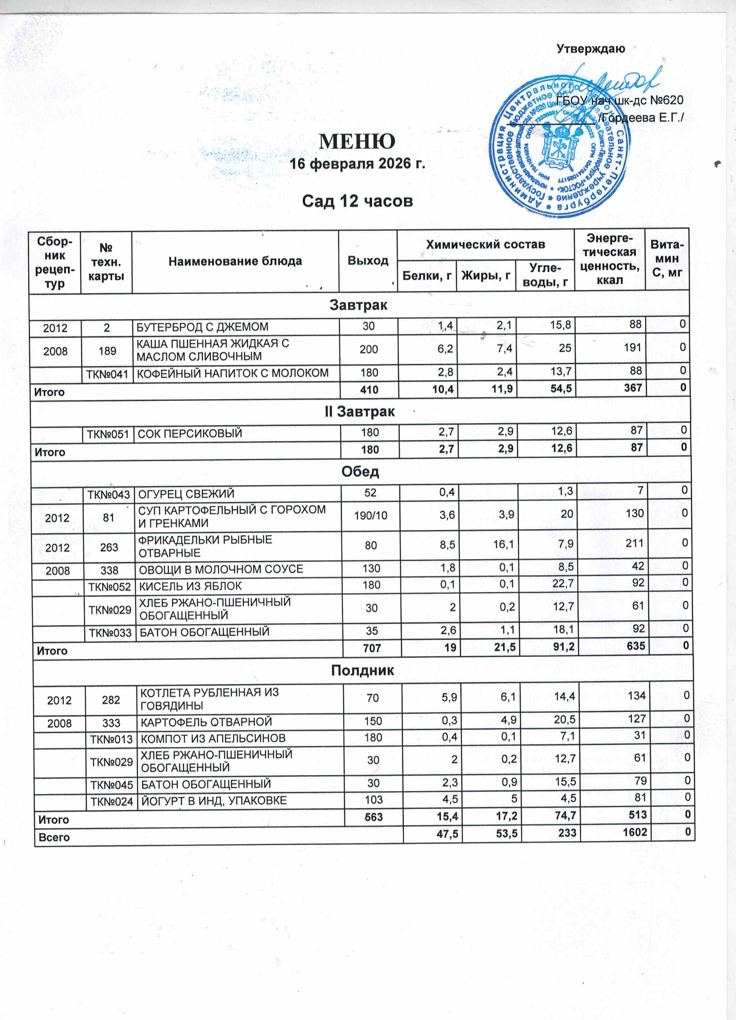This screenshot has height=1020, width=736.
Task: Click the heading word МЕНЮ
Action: [x=357, y=141]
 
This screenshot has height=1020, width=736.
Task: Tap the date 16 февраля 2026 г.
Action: [x=357, y=164]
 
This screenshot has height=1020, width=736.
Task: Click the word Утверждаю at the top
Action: [x=590, y=49]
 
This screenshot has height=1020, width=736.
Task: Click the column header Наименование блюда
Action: [x=235, y=261]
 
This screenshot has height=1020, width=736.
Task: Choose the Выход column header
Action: [x=368, y=261]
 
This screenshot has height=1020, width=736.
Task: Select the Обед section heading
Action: [x=360, y=471]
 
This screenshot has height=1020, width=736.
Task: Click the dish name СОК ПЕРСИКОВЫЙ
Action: [x=190, y=433]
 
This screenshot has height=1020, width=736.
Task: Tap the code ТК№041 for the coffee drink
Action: [x=107, y=373]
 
